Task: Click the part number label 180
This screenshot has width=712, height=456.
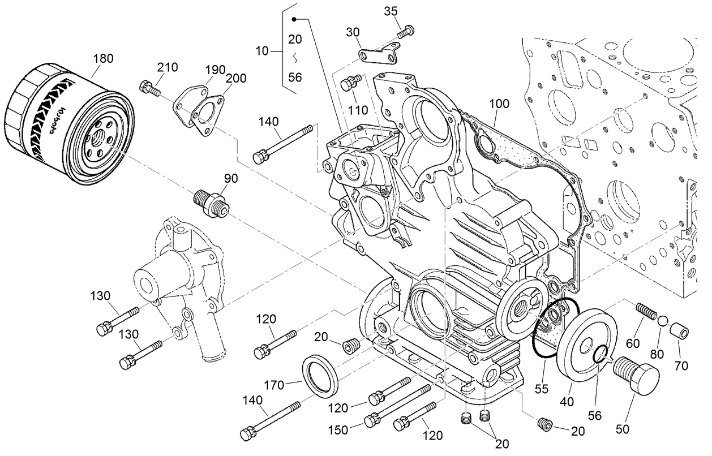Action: [x=106, y=58]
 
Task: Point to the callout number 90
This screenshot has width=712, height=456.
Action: [x=230, y=179]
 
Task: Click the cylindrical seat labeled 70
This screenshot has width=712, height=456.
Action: [x=679, y=330]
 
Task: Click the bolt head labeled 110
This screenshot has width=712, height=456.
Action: [x=348, y=84]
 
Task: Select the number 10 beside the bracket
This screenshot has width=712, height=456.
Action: [x=262, y=51]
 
